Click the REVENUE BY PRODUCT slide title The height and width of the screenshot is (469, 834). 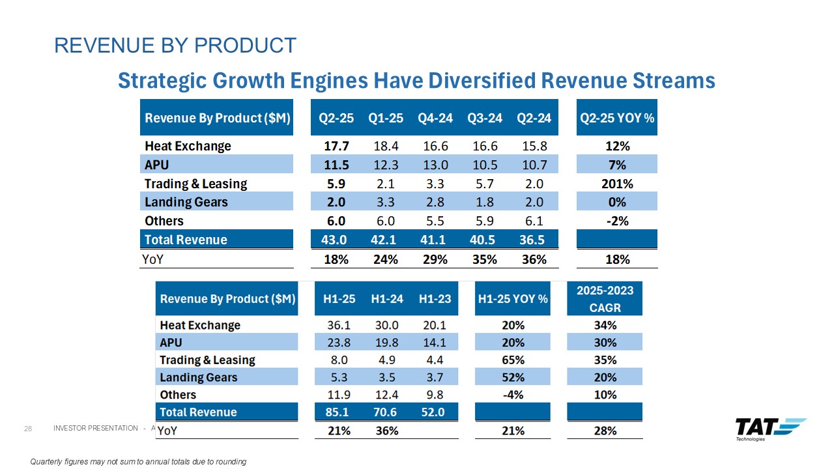(175, 45)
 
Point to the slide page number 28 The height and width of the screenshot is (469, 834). (28, 428)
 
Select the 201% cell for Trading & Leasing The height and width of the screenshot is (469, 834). (617, 184)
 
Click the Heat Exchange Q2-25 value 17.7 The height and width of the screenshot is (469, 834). (336, 146)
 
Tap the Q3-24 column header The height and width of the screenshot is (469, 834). (484, 118)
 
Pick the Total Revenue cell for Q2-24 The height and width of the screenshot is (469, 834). (534, 240)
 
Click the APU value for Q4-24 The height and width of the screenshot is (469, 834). (435, 165)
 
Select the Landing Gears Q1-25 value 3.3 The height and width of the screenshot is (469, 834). (386, 202)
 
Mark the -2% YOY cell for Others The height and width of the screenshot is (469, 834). (617, 221)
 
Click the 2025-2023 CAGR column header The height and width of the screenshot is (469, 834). (605, 298)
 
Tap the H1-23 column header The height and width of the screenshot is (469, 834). (435, 299)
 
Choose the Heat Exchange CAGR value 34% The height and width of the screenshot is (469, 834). (605, 325)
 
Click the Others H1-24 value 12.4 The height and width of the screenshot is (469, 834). (387, 395)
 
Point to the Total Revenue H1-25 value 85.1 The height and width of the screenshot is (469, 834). (339, 412)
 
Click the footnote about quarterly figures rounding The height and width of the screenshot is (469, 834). (139, 462)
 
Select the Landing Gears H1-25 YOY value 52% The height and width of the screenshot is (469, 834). (513, 377)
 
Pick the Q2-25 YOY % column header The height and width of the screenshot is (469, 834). (617, 118)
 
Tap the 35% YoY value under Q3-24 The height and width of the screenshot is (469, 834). (484, 259)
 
